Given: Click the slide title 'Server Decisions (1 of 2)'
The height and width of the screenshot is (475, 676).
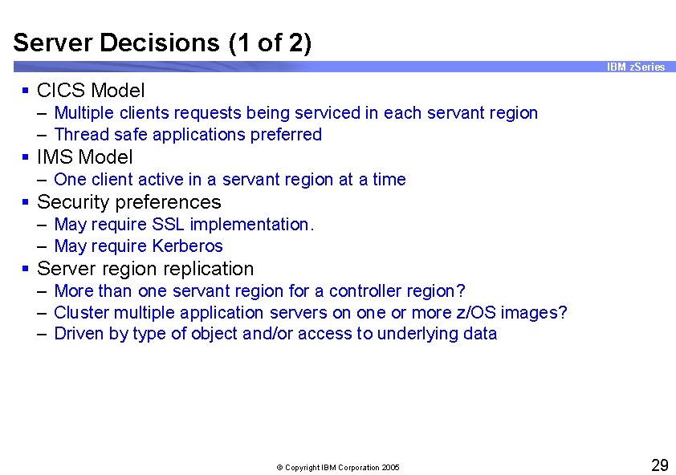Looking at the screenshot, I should tap(162, 43).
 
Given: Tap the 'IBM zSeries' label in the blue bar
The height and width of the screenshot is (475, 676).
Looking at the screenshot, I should tap(636, 67).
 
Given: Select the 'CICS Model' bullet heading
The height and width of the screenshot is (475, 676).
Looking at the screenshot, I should tap(91, 91).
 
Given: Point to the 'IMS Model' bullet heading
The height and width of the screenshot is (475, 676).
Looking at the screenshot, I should tap(85, 157).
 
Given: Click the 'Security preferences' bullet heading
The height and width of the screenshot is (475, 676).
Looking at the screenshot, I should tap(129, 202).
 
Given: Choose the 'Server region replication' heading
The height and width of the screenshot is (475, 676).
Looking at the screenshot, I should tap(145, 269).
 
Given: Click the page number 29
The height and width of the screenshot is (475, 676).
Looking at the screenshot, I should tap(658, 465).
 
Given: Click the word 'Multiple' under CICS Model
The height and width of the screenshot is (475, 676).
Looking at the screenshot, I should tap(83, 113).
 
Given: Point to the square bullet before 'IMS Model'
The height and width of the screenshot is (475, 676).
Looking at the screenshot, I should tap(26, 158).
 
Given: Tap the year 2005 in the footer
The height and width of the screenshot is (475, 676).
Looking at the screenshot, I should tap(390, 468).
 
